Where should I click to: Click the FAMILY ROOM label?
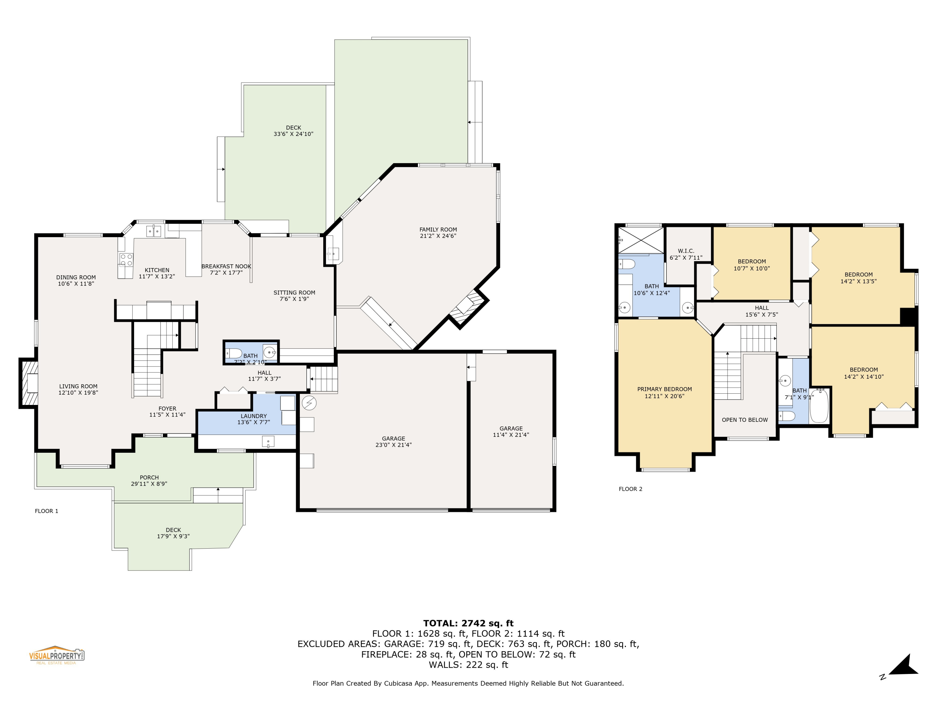click(438, 230)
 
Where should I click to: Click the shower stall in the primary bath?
click(641, 240)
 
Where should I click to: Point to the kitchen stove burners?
click(126, 260)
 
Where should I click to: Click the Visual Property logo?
click(56, 655)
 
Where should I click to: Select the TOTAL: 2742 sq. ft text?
click(468, 623)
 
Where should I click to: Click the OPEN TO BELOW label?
click(745, 420)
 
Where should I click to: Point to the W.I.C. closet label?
click(686, 251)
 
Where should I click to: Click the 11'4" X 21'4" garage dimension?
click(511, 435)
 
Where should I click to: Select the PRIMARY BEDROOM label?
click(664, 389)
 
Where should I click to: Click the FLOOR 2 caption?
click(630, 489)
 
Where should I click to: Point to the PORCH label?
click(149, 477)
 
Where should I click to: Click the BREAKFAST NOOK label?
click(226, 266)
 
